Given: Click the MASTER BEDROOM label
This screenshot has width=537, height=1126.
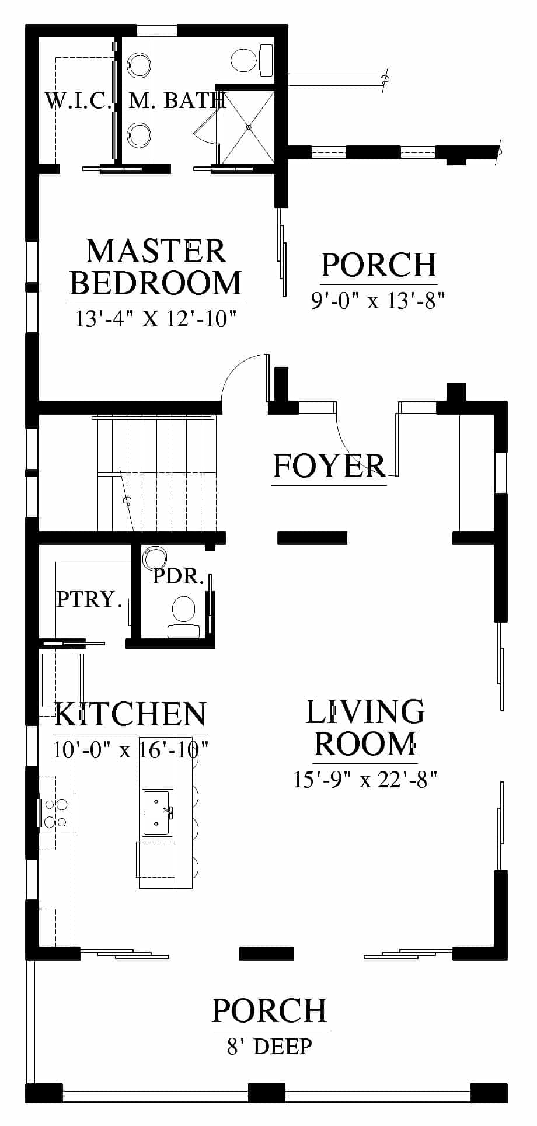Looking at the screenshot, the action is click(x=155, y=267).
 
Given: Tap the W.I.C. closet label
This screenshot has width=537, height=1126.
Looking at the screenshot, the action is click(x=78, y=100).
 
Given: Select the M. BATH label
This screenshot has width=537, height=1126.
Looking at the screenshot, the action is click(x=177, y=100).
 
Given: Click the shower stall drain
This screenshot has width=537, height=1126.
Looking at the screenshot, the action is click(x=249, y=127).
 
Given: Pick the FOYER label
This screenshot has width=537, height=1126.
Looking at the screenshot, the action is click(x=329, y=465).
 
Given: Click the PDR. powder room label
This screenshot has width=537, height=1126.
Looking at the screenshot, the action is click(x=178, y=576).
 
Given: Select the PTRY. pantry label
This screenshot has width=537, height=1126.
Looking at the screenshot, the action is click(x=89, y=599).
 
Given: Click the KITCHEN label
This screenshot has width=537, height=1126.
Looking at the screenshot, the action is click(x=130, y=714).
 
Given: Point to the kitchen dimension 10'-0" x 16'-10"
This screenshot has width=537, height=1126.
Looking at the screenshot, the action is click(x=131, y=749).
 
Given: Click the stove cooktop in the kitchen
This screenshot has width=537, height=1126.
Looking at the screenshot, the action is click(x=57, y=812).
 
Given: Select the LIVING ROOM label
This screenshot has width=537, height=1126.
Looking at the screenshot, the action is click(x=365, y=728).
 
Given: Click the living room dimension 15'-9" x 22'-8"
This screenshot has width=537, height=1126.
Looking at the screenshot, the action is click(x=365, y=779).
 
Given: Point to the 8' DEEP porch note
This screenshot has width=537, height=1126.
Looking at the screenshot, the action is click(x=270, y=1047).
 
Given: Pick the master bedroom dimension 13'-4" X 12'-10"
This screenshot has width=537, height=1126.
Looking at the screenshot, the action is click(x=155, y=319).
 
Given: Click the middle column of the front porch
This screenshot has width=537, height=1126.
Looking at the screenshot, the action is click(x=267, y=1093).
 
